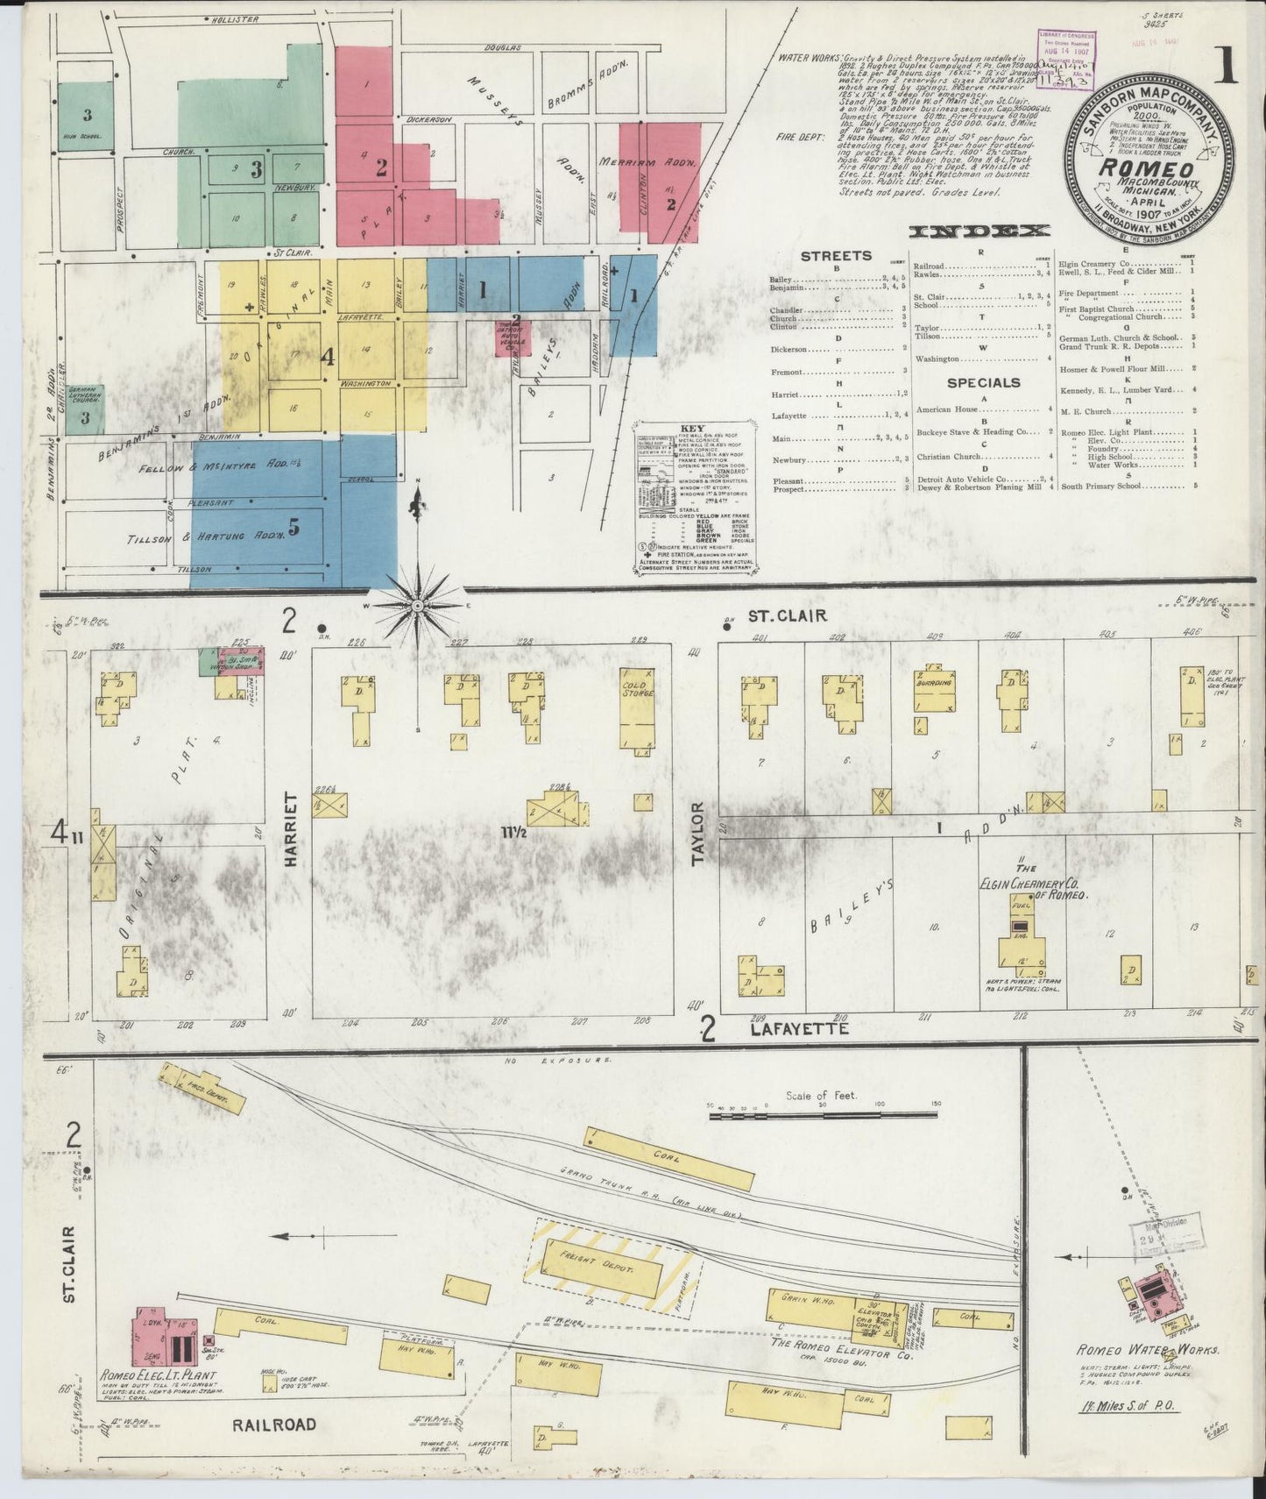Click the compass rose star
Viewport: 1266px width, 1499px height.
[x=418, y=606]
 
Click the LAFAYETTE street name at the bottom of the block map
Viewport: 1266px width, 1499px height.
[x=799, y=1030]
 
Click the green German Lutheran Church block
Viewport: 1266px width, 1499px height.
[x=85, y=409]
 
